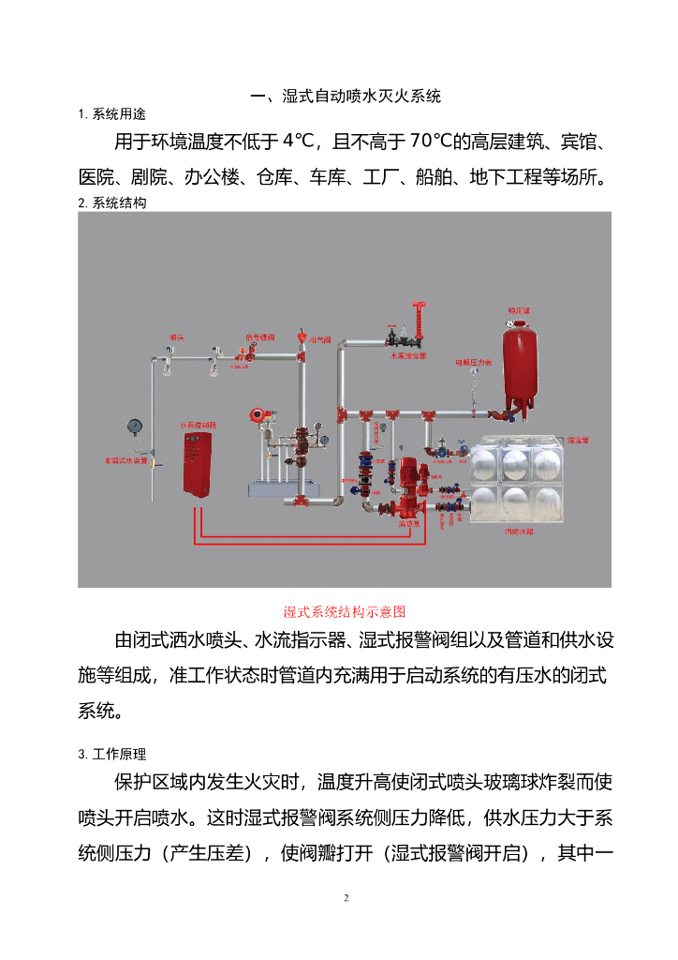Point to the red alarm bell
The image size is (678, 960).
pos(254,414)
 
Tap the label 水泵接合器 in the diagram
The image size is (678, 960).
pos(408,356)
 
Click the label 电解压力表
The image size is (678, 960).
pos(472,361)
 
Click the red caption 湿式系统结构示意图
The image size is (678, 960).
pos(345,611)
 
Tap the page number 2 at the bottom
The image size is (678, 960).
pos(346,898)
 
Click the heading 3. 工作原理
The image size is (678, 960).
pos(112,754)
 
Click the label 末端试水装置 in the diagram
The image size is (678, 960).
pos(125,460)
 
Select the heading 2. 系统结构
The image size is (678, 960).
pos(112,202)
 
